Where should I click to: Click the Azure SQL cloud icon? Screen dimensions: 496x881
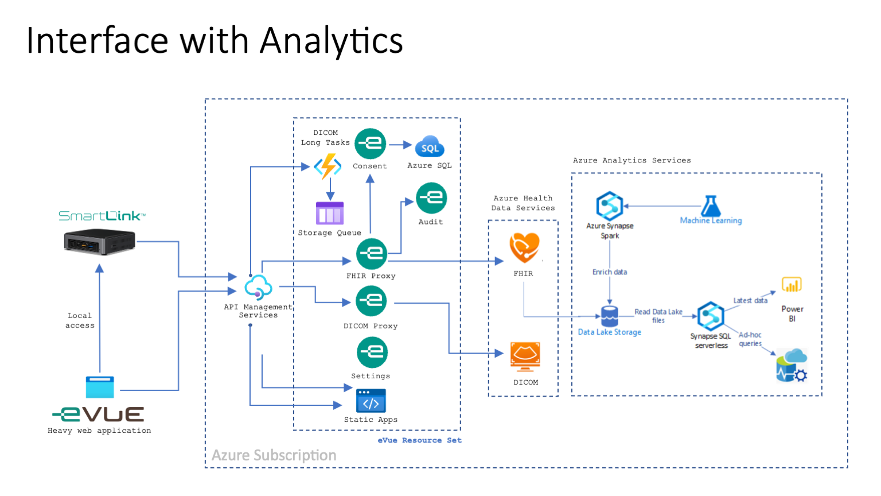coord(430,146)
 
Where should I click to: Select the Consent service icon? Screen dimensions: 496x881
coord(370,144)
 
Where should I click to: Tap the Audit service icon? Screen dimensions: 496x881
coord(431,198)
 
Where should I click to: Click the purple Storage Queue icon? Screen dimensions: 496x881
coord(330,213)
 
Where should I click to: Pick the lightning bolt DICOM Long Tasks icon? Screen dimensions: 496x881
coord(328,166)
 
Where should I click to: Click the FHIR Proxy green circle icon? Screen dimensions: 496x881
coord(372,254)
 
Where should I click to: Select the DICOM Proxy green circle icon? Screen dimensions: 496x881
coord(371,301)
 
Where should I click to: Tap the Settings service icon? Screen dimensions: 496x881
coord(372,352)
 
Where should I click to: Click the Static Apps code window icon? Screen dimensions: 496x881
coord(371,401)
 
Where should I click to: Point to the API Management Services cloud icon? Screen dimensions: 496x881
coord(258,287)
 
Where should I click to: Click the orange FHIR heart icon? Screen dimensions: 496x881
coord(524,247)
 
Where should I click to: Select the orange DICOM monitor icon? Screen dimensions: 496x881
coord(525,356)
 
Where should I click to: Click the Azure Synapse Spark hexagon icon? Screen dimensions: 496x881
coord(609,206)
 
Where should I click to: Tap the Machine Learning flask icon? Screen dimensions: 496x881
coord(711,206)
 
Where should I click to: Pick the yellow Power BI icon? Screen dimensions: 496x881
coord(792,285)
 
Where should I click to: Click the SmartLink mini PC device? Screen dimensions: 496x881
coord(99,241)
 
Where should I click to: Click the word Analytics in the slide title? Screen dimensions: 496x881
coord(332,41)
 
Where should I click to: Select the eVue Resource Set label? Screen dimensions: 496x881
coord(419,440)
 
